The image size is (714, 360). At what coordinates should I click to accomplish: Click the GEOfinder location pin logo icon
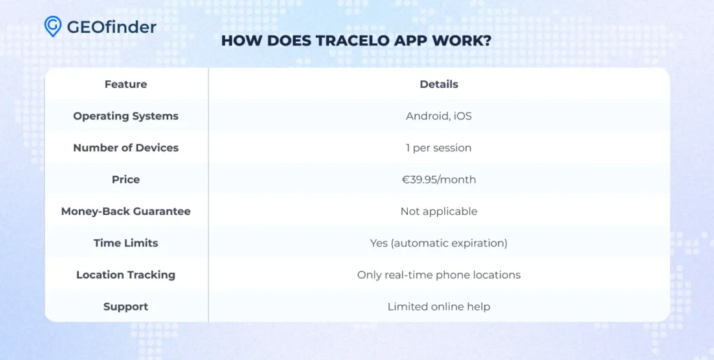point(53,27)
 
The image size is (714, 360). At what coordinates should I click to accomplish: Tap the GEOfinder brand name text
point(112,27)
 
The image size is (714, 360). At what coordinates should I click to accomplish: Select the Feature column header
point(126,84)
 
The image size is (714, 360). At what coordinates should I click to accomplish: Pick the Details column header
point(439,84)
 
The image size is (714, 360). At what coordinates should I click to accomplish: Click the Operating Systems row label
point(126,117)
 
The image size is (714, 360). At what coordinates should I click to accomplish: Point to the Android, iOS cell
point(439,117)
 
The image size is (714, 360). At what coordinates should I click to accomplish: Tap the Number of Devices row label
point(126,148)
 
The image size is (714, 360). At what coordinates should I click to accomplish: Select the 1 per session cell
point(439,148)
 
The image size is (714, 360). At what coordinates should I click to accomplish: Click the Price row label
point(126,179)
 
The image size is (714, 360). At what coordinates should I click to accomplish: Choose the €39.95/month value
point(439,179)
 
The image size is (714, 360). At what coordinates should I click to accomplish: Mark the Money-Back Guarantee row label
point(126,211)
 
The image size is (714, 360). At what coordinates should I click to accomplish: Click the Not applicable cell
point(439,211)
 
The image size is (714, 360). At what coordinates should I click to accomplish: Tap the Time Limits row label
point(126,243)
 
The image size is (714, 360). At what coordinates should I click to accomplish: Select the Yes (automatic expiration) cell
point(439,243)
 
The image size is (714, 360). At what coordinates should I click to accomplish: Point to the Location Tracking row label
point(126,275)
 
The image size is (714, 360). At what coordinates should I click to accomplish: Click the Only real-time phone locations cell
point(439,275)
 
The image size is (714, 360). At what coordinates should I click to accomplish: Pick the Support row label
point(126,307)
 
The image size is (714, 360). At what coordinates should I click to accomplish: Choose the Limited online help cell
point(439,307)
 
